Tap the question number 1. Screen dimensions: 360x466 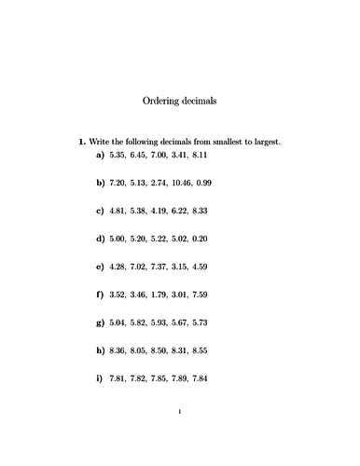pos(81,142)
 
